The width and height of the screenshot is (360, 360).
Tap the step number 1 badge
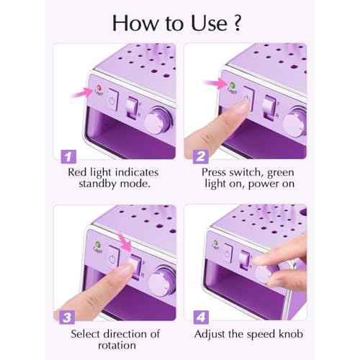67,155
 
